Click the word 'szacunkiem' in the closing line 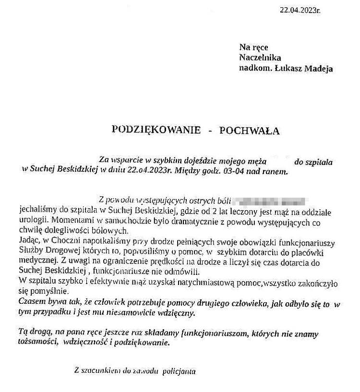[102, 371]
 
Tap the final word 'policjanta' [180, 371]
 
